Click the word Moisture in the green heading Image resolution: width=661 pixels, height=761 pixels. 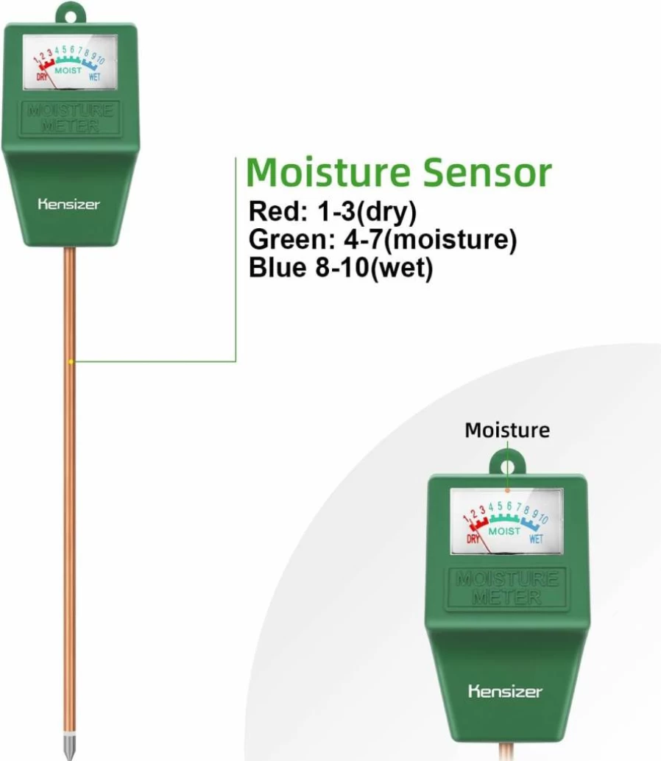pyautogui.click(x=328, y=172)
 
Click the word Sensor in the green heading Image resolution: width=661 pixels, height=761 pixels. pyautogui.click(x=487, y=172)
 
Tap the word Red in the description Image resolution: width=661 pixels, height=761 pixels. pyautogui.click(x=278, y=212)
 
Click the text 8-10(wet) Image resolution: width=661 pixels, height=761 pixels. pyautogui.click(x=374, y=268)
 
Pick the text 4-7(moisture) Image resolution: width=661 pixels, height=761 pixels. pyautogui.click(x=427, y=240)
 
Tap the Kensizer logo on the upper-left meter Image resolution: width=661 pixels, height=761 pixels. pyautogui.click(x=69, y=204)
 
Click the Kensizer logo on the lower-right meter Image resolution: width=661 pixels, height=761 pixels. pyautogui.click(x=505, y=691)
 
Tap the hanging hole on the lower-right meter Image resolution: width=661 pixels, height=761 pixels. pyautogui.click(x=507, y=467)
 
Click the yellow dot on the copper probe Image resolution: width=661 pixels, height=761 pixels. pyautogui.click(x=71, y=361)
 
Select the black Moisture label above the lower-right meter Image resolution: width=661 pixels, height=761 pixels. pyautogui.click(x=507, y=430)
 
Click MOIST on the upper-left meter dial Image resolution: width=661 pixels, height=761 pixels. pyautogui.click(x=68, y=71)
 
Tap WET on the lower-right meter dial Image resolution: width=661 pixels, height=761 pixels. pyautogui.click(x=536, y=539)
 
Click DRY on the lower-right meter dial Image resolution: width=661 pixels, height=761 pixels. pyautogui.click(x=473, y=539)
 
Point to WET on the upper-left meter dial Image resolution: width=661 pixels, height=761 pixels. pyautogui.click(x=95, y=77)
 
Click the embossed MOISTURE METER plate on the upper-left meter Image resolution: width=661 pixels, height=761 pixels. pyautogui.click(x=70, y=118)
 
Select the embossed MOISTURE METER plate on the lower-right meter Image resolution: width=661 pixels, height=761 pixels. pyautogui.click(x=506, y=587)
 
